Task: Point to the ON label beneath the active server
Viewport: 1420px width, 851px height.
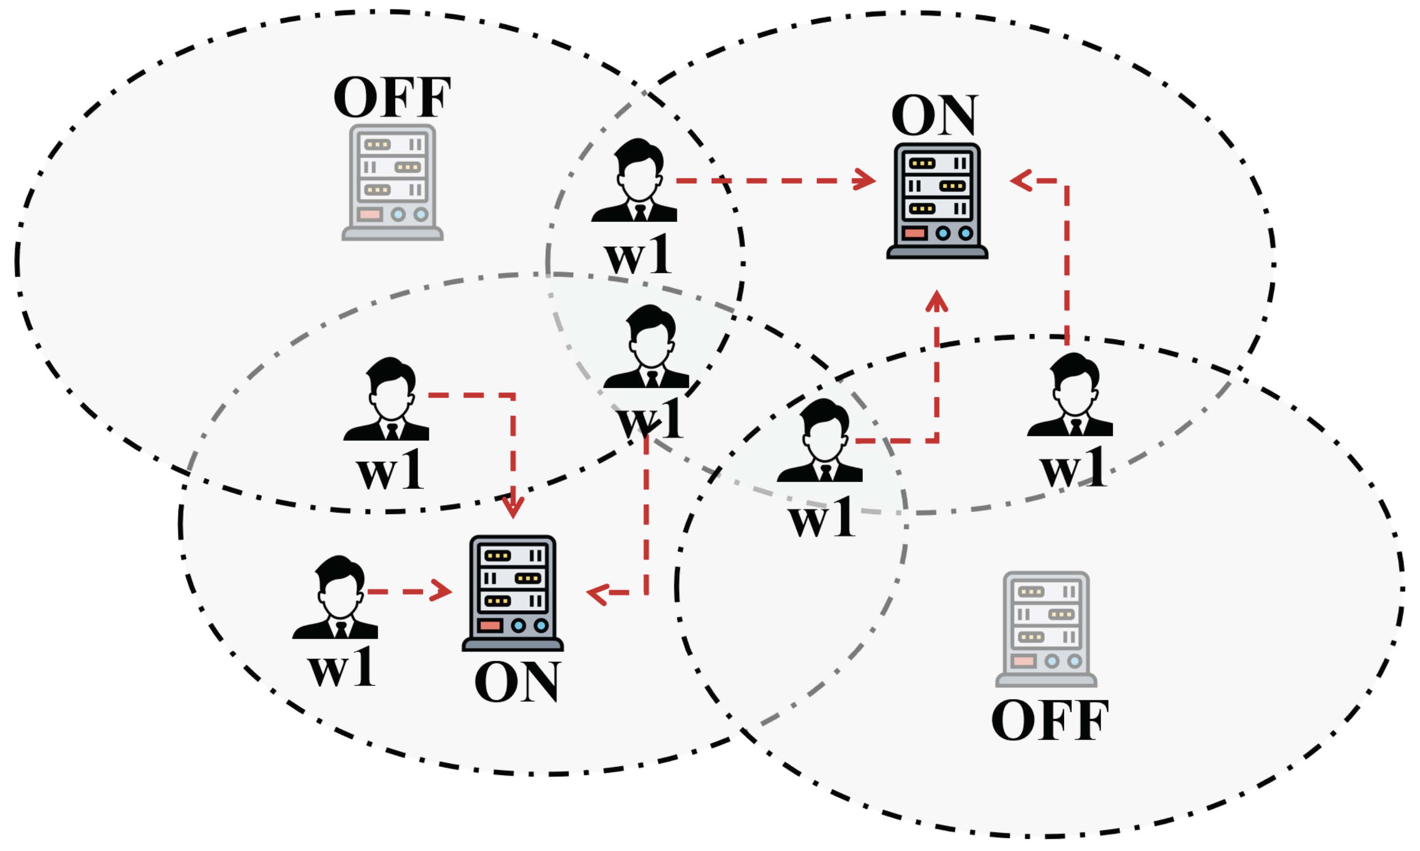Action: point(516,682)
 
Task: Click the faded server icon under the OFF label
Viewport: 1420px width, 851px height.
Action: point(392,182)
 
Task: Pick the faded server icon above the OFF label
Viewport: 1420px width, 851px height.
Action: point(1046,629)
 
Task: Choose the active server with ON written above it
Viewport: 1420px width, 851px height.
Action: point(937,201)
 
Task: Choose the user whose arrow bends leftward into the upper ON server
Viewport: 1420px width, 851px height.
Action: point(1071,396)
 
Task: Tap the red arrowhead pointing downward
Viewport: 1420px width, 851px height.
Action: point(512,507)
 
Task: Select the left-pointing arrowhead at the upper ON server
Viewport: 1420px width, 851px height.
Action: point(1022,180)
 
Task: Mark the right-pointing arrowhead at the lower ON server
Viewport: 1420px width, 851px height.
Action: point(440,591)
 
